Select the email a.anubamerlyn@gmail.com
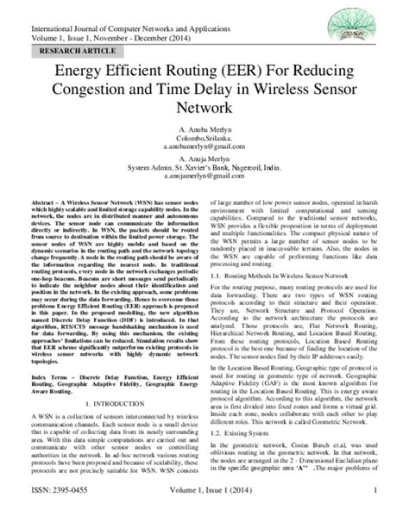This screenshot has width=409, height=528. pos(204,148)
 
